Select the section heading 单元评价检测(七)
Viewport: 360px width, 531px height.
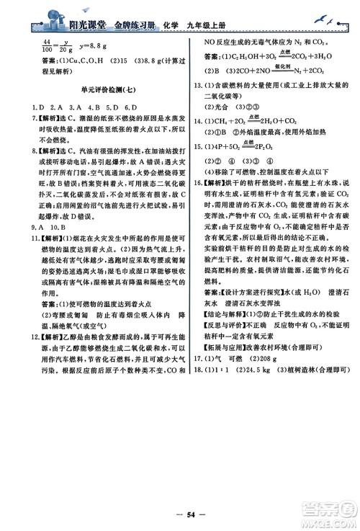tap(102, 107)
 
